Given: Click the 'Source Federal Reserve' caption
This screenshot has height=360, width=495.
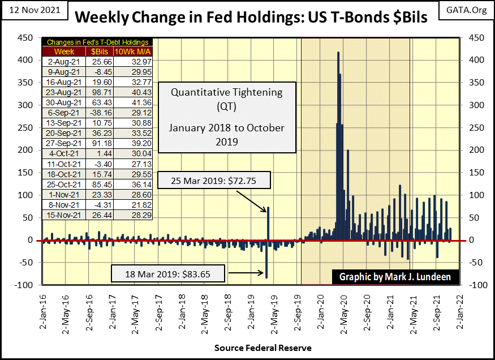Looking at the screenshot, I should coord(262,348).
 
